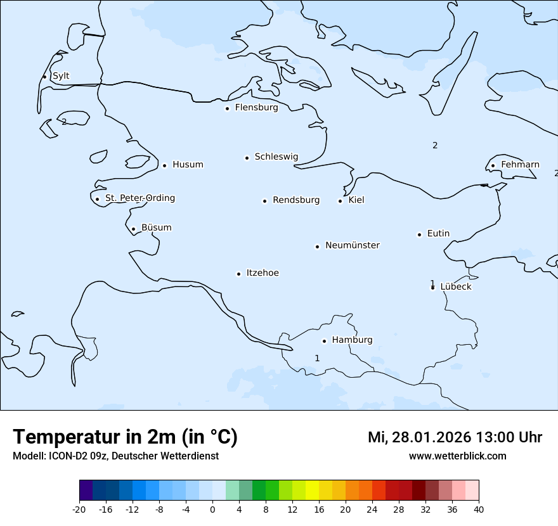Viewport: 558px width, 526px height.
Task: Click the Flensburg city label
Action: (x=256, y=108)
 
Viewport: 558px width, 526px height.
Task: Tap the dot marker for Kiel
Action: (x=340, y=201)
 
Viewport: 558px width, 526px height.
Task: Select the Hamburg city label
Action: (x=352, y=340)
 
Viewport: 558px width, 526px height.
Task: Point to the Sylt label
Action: (x=61, y=76)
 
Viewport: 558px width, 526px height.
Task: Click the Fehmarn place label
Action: (x=520, y=165)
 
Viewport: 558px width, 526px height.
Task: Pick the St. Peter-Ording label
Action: (x=139, y=198)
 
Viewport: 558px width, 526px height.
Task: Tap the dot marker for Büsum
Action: (x=133, y=229)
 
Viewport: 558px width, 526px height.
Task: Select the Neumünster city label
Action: (x=353, y=245)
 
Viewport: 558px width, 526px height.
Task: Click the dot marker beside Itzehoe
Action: (x=238, y=274)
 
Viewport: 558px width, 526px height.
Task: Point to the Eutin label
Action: (x=438, y=234)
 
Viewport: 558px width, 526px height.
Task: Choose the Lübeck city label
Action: (x=456, y=286)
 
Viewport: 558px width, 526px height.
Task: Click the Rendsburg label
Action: (x=296, y=200)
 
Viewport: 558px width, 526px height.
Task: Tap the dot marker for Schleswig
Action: (x=247, y=158)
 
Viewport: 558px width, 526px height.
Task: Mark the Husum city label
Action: (x=188, y=165)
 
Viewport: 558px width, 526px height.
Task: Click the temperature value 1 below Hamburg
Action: (x=317, y=359)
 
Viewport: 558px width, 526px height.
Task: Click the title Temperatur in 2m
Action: (x=125, y=437)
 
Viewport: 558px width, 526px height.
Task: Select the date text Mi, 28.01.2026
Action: (x=419, y=437)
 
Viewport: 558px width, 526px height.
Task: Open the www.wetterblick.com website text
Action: (x=457, y=456)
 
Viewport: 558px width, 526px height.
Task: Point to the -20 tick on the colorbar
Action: (x=79, y=510)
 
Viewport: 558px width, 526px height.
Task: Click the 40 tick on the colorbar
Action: (x=479, y=510)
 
